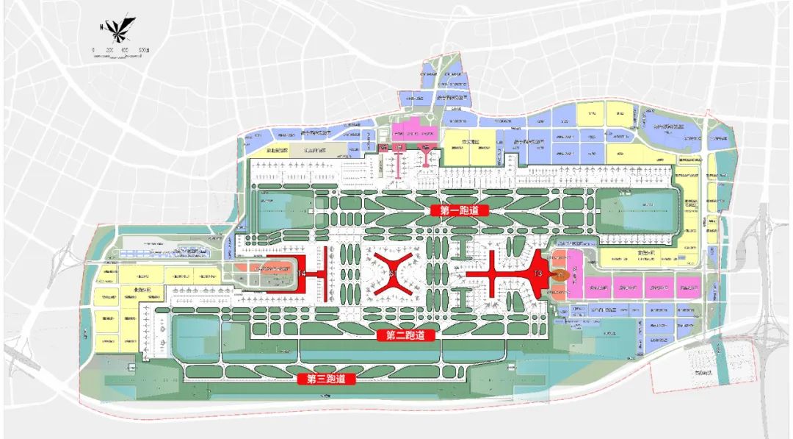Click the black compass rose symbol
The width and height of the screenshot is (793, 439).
pyautogui.click(x=117, y=29)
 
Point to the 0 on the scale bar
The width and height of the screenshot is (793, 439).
pyautogui.click(x=93, y=51)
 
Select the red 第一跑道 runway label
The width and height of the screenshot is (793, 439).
pyautogui.click(x=454, y=210)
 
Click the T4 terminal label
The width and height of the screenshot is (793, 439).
pyautogui.click(x=301, y=274)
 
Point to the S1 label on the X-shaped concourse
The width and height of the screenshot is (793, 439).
pyautogui.click(x=392, y=274)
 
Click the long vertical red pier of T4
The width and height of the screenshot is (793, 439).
pyautogui.click(x=320, y=274)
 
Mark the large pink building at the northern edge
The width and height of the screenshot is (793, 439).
pyautogui.click(x=413, y=132)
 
